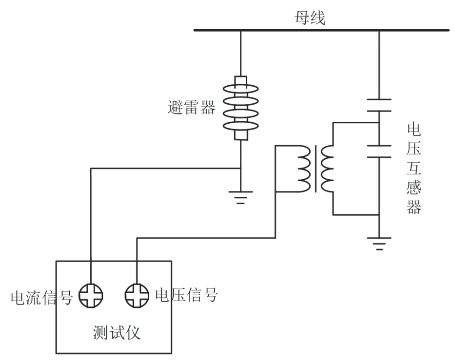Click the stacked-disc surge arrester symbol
point(240,108)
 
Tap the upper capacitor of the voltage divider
point(379,105)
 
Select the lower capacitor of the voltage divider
point(379,151)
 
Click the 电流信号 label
point(42,297)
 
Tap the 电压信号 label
point(186,295)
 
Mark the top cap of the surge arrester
point(240,80)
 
